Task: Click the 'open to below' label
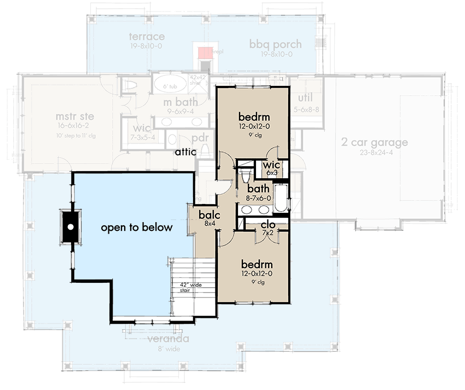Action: (x=137, y=228)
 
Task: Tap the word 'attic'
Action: (x=186, y=153)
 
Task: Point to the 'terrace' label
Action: (x=147, y=37)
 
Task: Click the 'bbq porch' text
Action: (x=271, y=43)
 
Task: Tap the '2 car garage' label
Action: (x=375, y=143)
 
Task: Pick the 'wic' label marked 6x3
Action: (x=272, y=165)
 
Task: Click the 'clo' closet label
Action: (x=268, y=225)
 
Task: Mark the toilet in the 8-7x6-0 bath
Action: (x=245, y=177)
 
